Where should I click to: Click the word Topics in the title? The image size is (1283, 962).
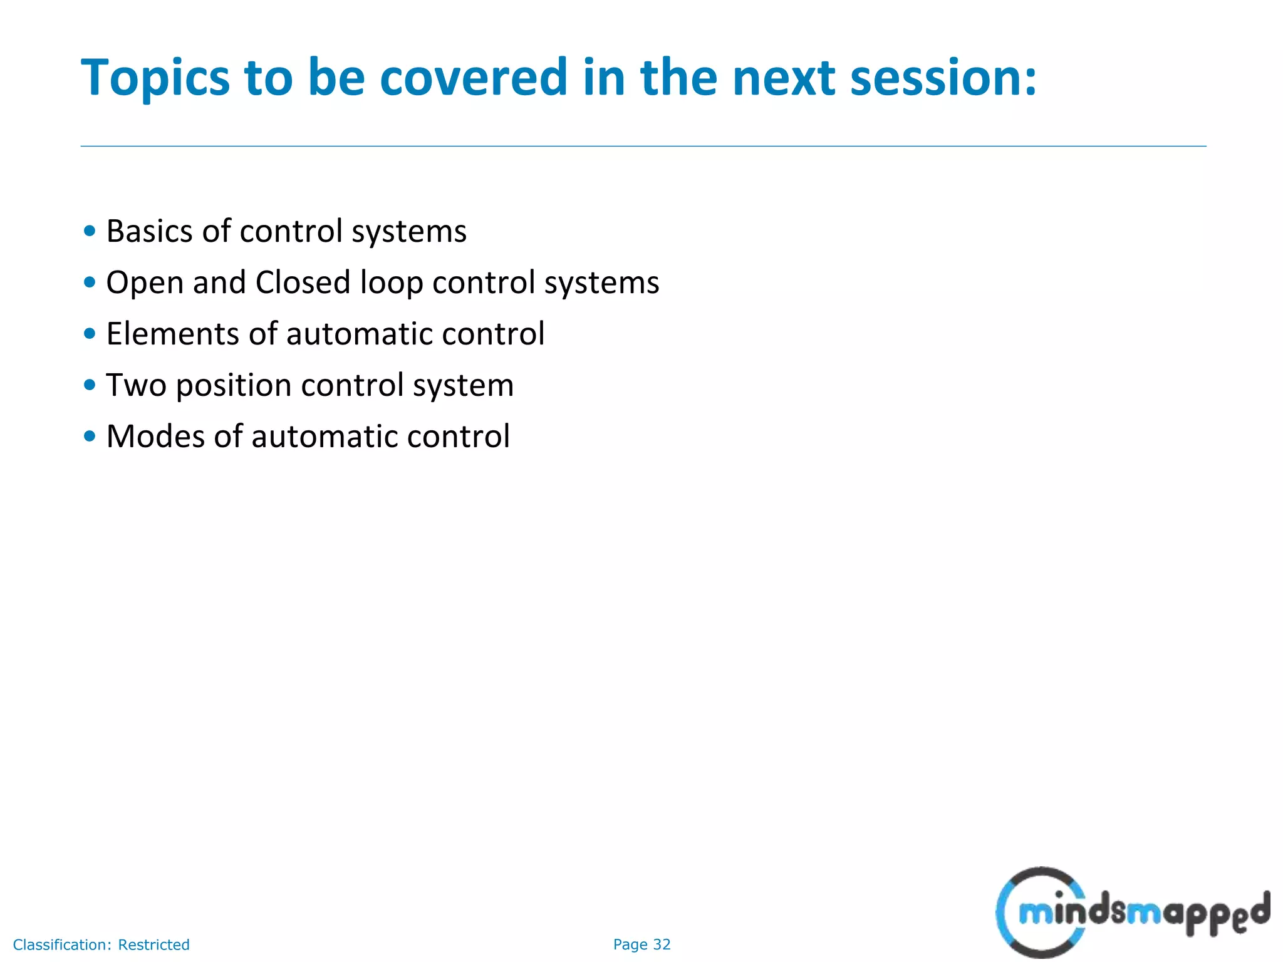[155, 78]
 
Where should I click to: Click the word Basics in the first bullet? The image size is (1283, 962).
[149, 231]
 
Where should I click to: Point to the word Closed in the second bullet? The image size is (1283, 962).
[303, 282]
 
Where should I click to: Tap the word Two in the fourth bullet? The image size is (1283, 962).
[136, 385]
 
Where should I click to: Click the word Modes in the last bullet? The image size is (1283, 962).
[155, 437]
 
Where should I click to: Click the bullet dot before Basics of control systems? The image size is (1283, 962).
[90, 231]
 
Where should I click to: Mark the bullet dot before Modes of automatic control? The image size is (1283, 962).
[90, 437]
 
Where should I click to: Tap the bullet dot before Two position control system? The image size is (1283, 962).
[90, 385]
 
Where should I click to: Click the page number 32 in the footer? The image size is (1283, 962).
[662, 944]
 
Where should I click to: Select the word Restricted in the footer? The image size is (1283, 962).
[153, 944]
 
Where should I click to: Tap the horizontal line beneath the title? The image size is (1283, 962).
[643, 147]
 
